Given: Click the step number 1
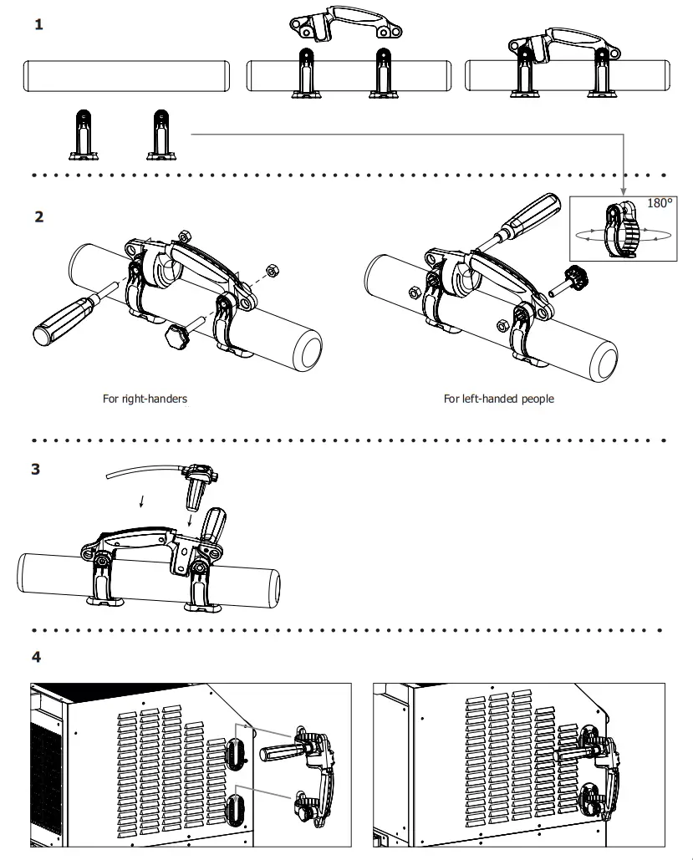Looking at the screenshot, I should (x=38, y=25).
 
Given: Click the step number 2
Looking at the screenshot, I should (x=38, y=217).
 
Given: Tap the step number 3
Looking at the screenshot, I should (x=36, y=470).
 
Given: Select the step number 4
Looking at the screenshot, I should (x=36, y=657).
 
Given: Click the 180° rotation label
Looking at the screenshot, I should (x=660, y=203).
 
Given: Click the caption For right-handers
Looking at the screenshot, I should (x=145, y=399).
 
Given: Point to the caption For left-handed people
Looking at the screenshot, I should (x=498, y=399).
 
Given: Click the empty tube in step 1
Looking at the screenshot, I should (x=125, y=76).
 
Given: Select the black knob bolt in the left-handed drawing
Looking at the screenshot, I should (x=576, y=277).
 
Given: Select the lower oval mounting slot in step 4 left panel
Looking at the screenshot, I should (x=235, y=810).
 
